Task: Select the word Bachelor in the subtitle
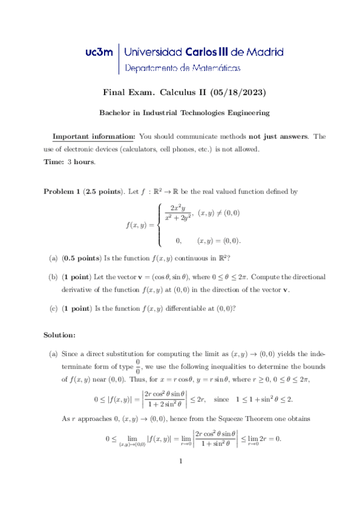(114, 112)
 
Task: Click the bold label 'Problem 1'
(63, 192)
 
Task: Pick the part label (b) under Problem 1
(53, 277)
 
